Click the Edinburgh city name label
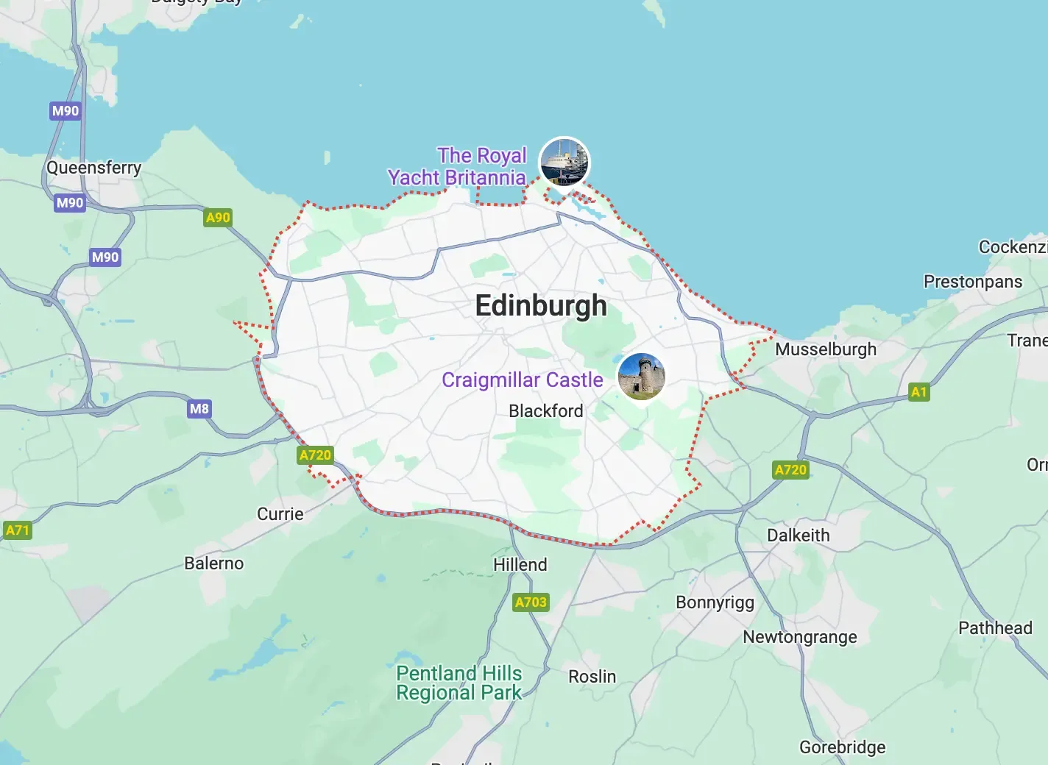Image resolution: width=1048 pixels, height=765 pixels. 541,305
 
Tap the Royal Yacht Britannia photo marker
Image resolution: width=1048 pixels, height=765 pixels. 564,161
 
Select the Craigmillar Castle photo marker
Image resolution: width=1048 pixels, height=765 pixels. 641,377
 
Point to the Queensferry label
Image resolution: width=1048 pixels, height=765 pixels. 93,168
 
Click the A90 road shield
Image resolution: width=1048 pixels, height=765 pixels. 218,218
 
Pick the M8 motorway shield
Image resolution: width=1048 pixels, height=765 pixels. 199,409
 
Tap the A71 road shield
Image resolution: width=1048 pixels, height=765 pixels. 18,530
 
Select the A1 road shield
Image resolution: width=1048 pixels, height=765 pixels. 918,391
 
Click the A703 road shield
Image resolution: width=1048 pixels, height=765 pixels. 531,602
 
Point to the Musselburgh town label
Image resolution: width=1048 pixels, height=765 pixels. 826,349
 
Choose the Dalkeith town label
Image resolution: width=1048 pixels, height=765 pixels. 798,535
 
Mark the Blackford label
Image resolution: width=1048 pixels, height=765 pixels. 545,410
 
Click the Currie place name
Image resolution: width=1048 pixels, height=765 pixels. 280,514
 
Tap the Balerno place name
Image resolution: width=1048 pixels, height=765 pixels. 213,563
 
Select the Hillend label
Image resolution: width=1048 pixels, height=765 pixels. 520,565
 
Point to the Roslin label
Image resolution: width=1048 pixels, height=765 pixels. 592,677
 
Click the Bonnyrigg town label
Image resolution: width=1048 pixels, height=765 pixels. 715,602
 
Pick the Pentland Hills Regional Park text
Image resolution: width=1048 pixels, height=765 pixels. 458,683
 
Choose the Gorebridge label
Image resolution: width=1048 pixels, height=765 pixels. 842,747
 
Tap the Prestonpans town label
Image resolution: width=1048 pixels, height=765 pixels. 972,282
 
